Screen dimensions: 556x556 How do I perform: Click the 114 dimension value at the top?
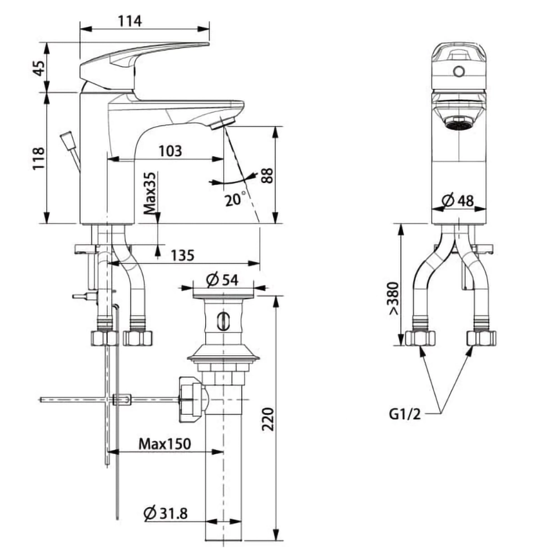130,21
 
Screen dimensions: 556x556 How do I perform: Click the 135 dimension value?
182,255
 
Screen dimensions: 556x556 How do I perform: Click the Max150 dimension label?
165,444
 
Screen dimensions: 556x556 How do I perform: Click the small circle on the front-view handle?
459,72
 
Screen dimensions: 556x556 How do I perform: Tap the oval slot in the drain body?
222,321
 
